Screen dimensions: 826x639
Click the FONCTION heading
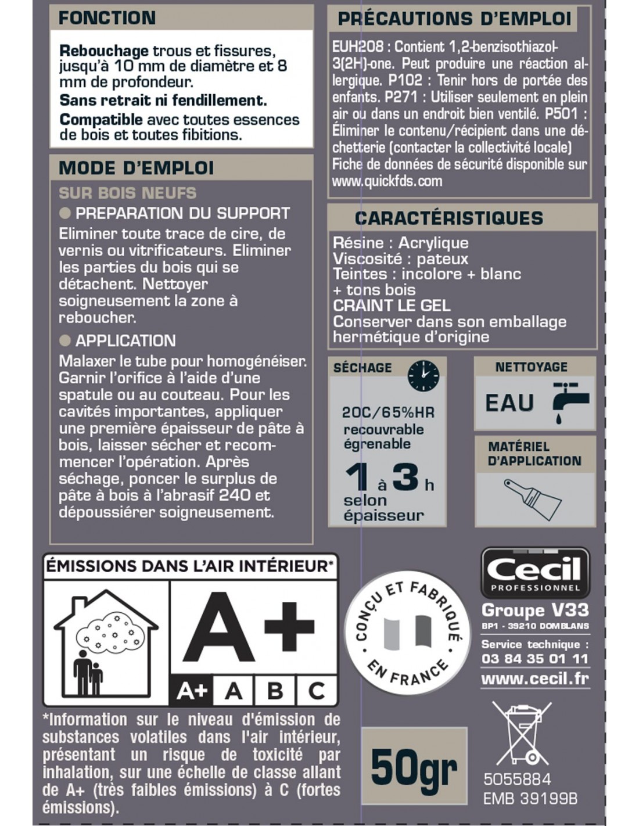107,18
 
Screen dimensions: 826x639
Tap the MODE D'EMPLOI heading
136,168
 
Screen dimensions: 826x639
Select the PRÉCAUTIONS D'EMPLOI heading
454,19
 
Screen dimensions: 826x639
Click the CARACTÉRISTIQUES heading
449,218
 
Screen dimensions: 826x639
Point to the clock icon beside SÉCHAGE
423,375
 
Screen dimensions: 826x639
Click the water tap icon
569,401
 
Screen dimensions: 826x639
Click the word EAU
509,403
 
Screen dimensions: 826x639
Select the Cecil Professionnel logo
535,573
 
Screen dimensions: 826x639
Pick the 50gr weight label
414,767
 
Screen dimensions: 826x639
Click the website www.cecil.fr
535,678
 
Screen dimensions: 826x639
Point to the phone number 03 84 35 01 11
535,659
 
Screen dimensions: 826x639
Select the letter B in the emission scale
275,691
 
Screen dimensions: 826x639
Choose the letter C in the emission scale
317,691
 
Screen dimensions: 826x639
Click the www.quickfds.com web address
387,181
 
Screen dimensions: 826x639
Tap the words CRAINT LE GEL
391,306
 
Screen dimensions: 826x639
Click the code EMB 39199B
530,799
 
